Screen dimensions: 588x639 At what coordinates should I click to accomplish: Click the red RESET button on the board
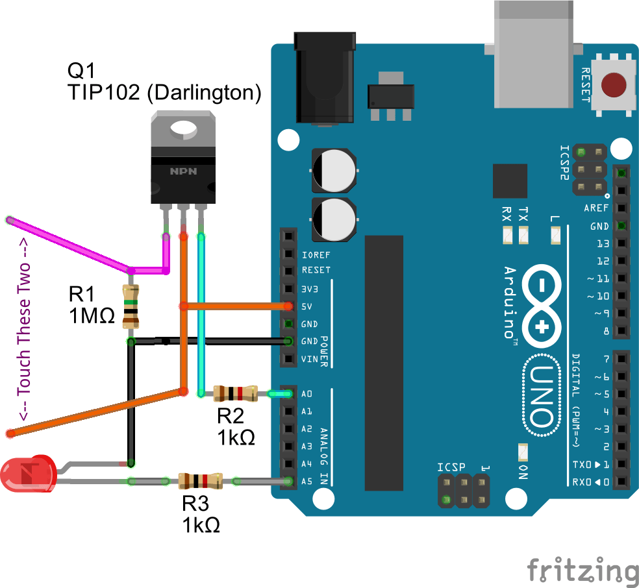(614, 85)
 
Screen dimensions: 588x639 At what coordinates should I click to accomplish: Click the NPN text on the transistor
(183, 171)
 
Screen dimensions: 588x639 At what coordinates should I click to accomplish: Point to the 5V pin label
(308, 306)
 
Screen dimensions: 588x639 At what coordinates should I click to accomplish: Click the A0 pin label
(307, 394)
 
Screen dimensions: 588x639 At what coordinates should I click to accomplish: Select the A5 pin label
(307, 482)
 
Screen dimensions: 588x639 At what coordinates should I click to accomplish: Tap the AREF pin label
(596, 208)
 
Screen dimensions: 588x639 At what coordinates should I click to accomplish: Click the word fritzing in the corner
(582, 569)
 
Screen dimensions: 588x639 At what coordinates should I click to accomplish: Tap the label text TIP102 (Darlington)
(164, 92)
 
